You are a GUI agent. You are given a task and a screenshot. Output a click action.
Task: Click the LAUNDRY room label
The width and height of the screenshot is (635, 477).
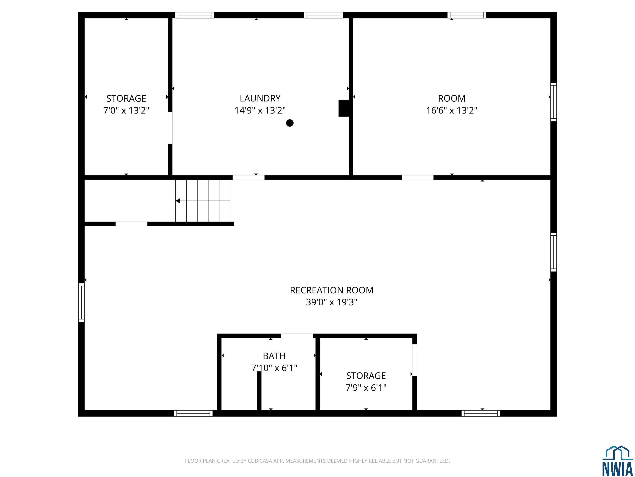[x=260, y=98]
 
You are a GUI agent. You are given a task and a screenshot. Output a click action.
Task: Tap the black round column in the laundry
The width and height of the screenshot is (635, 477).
[x=290, y=123]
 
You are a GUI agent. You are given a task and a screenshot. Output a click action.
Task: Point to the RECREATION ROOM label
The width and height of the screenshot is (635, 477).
[x=332, y=290]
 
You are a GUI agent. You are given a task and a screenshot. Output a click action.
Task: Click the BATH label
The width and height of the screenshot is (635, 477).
[x=274, y=356]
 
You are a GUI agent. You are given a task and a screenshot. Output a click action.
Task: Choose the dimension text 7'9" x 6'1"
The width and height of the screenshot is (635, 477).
[x=366, y=388]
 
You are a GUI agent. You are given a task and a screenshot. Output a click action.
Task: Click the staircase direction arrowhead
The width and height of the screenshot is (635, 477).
[x=178, y=201]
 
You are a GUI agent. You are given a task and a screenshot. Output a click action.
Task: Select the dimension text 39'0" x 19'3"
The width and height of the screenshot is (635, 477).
[x=332, y=302]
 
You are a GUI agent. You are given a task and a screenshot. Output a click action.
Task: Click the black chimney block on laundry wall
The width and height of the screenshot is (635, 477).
[x=344, y=108]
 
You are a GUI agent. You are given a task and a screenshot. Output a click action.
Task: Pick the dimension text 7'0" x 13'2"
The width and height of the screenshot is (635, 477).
[x=126, y=110]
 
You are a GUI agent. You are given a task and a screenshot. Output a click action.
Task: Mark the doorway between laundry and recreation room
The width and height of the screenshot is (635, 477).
[x=248, y=177]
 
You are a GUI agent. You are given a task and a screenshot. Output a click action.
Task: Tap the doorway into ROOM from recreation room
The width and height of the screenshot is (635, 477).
[x=417, y=177]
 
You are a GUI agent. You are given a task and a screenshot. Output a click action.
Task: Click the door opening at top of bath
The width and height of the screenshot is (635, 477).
[x=297, y=336]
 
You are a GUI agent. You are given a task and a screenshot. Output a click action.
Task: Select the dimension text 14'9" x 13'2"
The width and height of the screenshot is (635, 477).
[x=260, y=110]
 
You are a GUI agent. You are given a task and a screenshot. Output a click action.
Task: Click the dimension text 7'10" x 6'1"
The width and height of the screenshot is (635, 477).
[x=274, y=368]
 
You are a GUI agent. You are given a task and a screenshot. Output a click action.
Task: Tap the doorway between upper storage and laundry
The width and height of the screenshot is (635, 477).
[x=170, y=128]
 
